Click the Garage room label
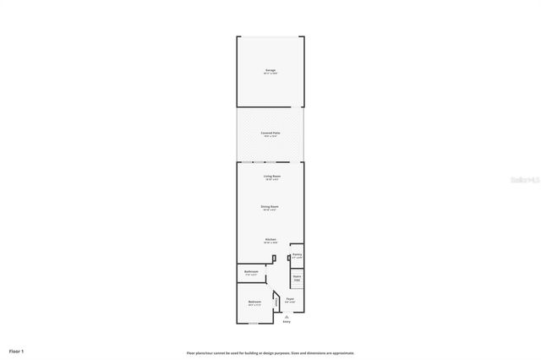coord(270,70)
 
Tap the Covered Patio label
coord(270,133)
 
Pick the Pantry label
coord(297,254)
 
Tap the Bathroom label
coord(251,271)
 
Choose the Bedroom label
coord(254,302)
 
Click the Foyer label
coord(290,299)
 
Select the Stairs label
coord(297,276)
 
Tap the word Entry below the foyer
coord(287,322)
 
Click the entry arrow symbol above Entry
coord(287,316)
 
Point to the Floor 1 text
coord(17,350)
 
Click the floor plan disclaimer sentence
coord(270,352)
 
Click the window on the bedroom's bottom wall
coord(253,322)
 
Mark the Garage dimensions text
coord(270,74)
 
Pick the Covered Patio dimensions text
coord(270,136)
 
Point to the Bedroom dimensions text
coord(254,305)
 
